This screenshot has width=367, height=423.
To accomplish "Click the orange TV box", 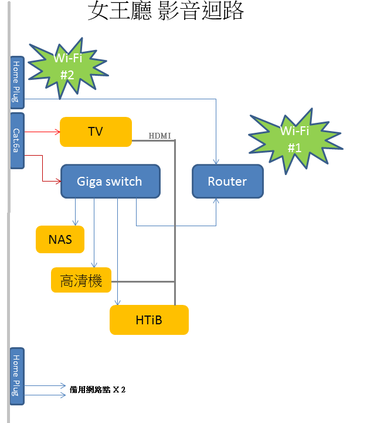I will click(96, 132).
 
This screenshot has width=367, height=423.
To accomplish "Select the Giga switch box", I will click(110, 181).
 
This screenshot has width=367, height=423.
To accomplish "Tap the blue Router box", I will click(227, 181).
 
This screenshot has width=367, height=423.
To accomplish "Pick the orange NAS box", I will click(60, 239).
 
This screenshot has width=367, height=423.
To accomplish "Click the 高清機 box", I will click(81, 280).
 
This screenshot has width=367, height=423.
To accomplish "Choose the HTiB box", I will click(149, 320).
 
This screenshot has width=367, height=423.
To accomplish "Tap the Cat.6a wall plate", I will click(17, 141).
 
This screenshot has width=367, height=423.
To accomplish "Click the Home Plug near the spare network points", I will click(17, 376).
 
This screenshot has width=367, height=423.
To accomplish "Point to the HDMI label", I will click(159, 136).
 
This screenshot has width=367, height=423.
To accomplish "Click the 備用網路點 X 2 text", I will click(98, 389).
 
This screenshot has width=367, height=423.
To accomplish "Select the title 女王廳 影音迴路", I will click(165, 11).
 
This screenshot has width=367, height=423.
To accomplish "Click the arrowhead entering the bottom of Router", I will click(216, 201).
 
